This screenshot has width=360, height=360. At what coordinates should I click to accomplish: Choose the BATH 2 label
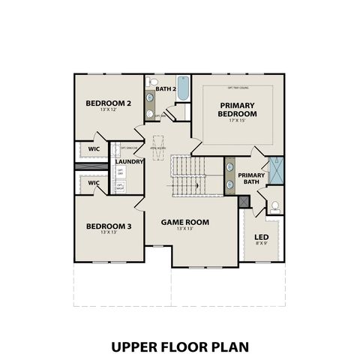166,89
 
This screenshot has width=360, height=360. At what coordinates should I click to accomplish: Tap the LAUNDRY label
130,160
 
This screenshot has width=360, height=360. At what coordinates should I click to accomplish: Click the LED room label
262,237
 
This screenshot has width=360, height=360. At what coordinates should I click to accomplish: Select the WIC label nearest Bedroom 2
94,148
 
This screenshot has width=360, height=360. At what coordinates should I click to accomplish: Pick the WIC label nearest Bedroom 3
94,182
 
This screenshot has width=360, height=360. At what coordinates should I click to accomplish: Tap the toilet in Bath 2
153,81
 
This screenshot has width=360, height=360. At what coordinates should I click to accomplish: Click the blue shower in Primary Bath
276,169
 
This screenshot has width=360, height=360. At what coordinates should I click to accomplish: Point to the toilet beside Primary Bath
274,205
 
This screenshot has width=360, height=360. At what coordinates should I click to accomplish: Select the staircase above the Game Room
187,175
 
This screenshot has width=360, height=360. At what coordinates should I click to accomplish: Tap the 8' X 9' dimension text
262,244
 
